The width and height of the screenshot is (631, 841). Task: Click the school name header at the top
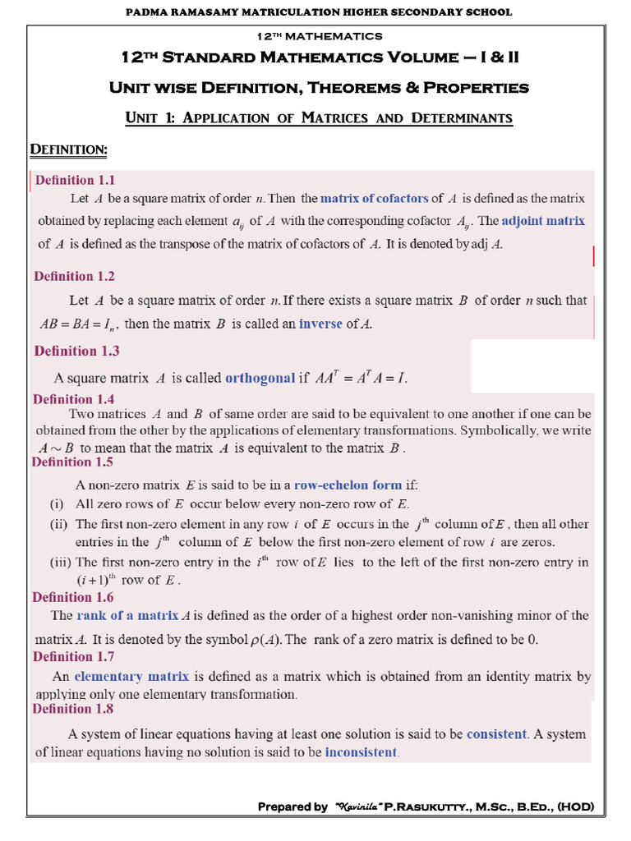click(x=318, y=11)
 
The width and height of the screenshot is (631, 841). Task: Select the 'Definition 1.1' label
click(x=75, y=180)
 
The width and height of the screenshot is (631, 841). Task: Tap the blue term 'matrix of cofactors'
click(x=374, y=198)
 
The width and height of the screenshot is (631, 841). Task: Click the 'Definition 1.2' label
click(x=75, y=277)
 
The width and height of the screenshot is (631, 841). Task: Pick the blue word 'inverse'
click(x=320, y=324)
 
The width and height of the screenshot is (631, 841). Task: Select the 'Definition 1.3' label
click(x=76, y=351)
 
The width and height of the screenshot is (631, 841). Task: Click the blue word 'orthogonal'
click(x=260, y=378)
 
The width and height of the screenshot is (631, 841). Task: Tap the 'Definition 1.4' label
click(x=74, y=399)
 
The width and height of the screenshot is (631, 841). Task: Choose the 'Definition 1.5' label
click(x=72, y=462)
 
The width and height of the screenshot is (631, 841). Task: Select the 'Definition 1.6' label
click(x=72, y=597)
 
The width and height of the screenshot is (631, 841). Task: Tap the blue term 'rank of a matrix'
click(x=127, y=615)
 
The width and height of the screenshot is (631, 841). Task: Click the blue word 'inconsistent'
click(x=362, y=751)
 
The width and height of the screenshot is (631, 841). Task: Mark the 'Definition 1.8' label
click(x=72, y=709)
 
